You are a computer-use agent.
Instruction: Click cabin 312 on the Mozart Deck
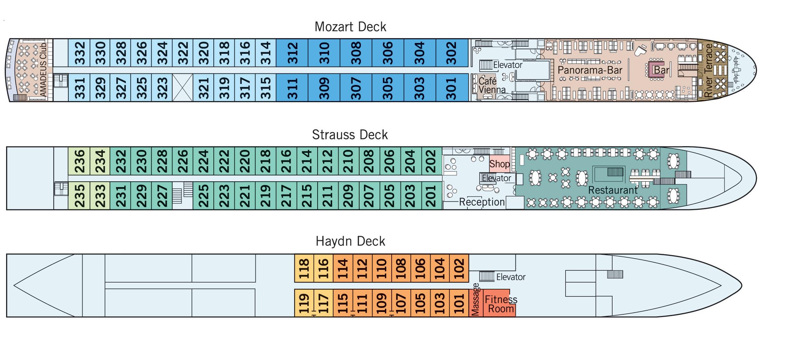pos(292,53)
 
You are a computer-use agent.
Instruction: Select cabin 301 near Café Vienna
pos(452,88)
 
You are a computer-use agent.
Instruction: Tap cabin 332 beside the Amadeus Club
pos(79,53)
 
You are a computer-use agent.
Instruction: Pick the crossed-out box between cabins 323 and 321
pos(183,88)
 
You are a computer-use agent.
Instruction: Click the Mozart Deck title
pos(350,27)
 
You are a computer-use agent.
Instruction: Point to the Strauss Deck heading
pos(350,135)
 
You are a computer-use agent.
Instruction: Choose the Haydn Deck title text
pos(350,241)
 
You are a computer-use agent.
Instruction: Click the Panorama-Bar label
pos(590,70)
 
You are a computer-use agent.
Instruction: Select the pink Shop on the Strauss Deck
pos(499,164)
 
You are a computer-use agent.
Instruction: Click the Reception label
pos(482,202)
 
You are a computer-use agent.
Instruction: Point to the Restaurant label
pos(613,190)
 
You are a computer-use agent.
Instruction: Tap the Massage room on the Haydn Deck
pos(476,303)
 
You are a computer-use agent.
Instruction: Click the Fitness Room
pos(500,304)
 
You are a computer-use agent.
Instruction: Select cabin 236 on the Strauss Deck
pos(79,161)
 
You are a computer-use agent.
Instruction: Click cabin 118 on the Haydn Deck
pos(304,268)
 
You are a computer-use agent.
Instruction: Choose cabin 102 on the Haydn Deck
pos(459,268)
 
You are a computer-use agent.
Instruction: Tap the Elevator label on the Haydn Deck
pos(511,277)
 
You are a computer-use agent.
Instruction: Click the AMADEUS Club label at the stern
pos(43,70)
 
